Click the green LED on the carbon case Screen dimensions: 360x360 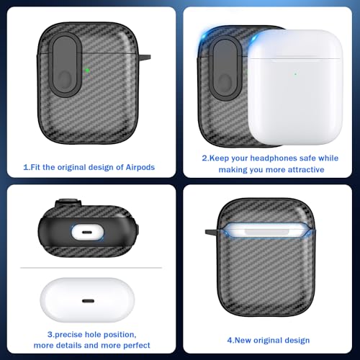pos(87,71)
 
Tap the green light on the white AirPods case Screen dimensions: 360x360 pos(295,74)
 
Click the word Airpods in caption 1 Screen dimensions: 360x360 pos(140,167)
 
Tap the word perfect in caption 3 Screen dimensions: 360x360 pos(137,345)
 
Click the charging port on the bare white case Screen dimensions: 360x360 pos(88,301)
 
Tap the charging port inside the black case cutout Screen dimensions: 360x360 pos(88,233)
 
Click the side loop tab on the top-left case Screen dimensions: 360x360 pos(145,57)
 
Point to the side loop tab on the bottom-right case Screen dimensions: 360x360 pos(211,232)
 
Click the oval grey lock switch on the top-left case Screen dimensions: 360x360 pos(65,65)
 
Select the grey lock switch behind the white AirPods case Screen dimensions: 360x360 pos(225,68)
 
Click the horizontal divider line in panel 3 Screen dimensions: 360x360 pos(91,267)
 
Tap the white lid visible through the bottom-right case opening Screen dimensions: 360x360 pos(266,231)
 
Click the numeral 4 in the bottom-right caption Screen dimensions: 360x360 pos(230,340)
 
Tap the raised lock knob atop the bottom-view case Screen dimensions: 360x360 pos(68,203)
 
